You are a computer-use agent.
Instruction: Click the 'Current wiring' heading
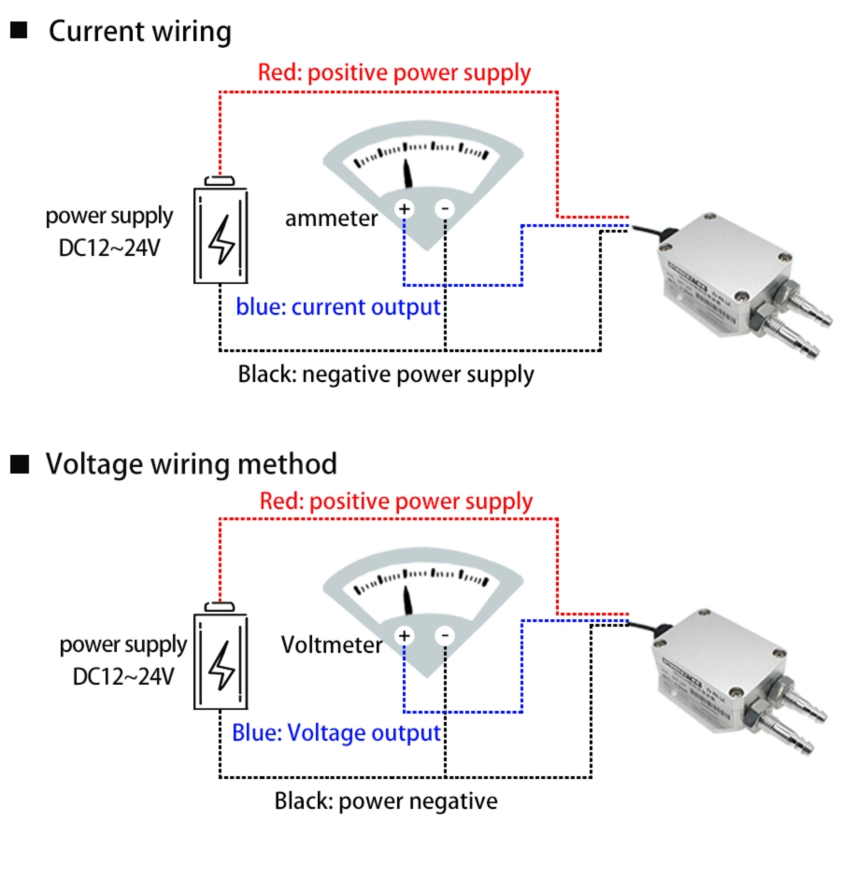140,32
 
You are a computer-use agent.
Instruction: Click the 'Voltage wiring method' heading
192,463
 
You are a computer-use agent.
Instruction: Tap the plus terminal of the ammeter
405,208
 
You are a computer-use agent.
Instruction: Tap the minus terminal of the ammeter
445,208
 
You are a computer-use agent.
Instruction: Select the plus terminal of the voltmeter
405,636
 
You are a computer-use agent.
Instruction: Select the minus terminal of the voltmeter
445,636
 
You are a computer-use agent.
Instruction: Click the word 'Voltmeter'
331,644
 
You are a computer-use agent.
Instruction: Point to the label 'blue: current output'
338,307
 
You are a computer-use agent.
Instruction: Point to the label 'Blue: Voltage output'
336,733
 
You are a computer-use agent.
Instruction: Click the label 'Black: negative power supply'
386,375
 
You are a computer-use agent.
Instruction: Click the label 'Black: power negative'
386,801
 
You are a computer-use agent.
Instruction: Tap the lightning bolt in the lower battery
221,666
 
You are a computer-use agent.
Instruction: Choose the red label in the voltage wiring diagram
396,502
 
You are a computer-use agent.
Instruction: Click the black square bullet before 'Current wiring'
19,31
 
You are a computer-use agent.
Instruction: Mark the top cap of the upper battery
221,179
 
